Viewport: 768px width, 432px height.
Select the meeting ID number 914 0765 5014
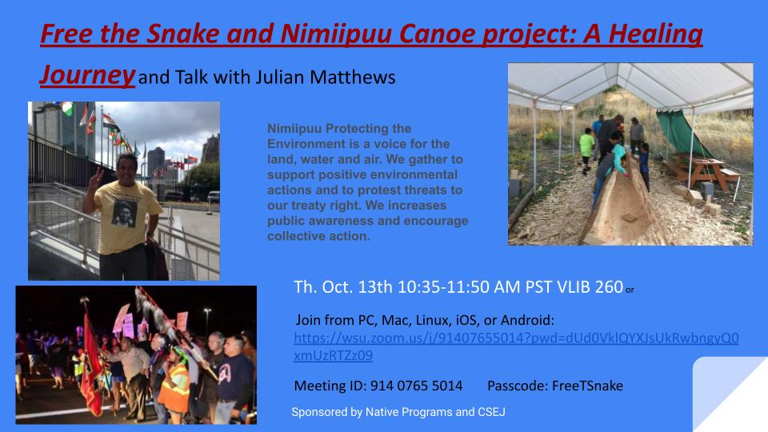pyautogui.click(x=416, y=386)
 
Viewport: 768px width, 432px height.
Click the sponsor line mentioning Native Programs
pyautogui.click(x=398, y=411)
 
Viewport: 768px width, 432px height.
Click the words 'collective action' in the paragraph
pyautogui.click(x=318, y=235)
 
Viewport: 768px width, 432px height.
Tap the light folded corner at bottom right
pyautogui.click(x=732, y=396)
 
